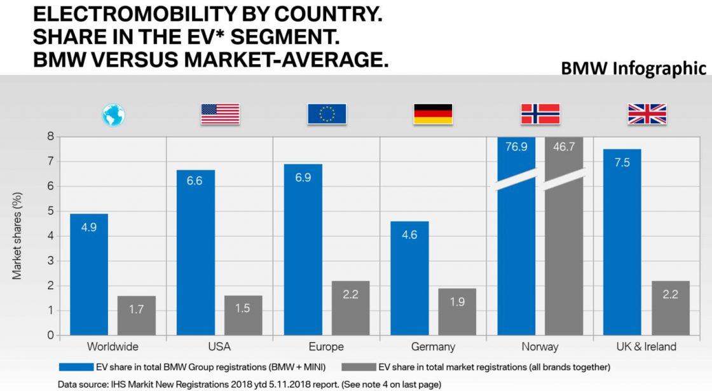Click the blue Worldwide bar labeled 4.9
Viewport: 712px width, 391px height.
coord(89,274)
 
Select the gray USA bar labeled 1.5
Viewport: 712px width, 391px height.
coord(243,315)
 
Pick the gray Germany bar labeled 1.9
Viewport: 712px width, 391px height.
coord(457,312)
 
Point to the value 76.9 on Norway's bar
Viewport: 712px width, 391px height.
coord(516,147)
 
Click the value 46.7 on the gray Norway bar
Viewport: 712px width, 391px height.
coord(564,147)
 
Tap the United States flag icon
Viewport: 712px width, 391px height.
coord(220,114)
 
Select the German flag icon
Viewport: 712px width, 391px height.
coord(433,114)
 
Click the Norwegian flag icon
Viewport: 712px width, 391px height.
coord(540,114)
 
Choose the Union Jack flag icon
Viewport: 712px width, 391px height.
coord(647,114)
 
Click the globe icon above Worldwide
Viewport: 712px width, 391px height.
coord(114,115)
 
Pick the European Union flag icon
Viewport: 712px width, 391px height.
coord(327,114)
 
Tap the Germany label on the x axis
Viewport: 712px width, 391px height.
coord(433,347)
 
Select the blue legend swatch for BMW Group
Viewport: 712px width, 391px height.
coord(75,367)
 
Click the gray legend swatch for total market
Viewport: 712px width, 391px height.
coord(358,367)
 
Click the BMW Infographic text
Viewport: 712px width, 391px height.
coord(633,68)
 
